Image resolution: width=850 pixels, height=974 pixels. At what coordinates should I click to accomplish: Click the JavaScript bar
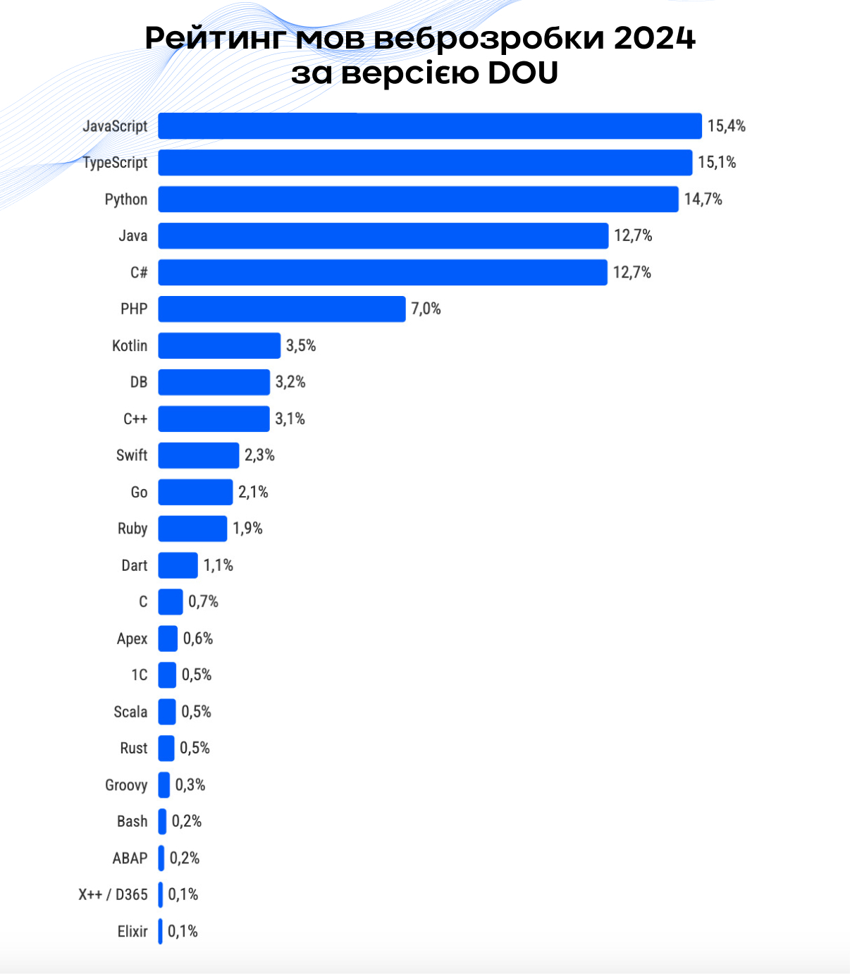click(430, 126)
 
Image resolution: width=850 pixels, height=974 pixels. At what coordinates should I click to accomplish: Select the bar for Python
click(418, 199)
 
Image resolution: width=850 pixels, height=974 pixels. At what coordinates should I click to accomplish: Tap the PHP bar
click(282, 309)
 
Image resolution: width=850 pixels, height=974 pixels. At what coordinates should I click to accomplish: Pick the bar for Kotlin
click(219, 346)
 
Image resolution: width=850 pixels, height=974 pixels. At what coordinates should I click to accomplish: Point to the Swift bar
click(199, 455)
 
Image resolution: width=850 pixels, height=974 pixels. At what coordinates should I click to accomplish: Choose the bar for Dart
click(178, 565)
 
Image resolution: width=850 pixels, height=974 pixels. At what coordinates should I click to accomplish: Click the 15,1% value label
click(717, 163)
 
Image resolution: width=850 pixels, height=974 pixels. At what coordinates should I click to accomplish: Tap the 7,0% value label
click(426, 309)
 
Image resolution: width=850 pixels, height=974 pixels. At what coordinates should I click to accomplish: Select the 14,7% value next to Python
click(703, 199)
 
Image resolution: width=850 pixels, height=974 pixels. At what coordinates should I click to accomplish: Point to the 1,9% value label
click(247, 529)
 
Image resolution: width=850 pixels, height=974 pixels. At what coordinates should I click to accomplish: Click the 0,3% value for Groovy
click(190, 785)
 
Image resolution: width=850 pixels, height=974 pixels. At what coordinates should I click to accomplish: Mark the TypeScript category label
click(115, 163)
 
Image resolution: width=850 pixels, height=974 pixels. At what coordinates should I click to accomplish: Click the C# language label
click(139, 273)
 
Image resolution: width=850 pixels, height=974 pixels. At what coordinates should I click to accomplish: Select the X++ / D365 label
click(113, 895)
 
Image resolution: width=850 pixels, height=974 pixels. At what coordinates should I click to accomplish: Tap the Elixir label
click(133, 932)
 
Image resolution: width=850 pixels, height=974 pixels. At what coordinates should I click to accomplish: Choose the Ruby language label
click(133, 529)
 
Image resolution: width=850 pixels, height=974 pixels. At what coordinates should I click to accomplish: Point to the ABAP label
click(130, 858)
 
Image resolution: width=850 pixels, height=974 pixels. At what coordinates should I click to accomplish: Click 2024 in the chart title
click(654, 38)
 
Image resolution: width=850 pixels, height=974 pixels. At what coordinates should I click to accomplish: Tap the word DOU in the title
click(522, 73)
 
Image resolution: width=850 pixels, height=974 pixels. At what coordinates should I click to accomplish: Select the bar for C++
click(214, 419)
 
